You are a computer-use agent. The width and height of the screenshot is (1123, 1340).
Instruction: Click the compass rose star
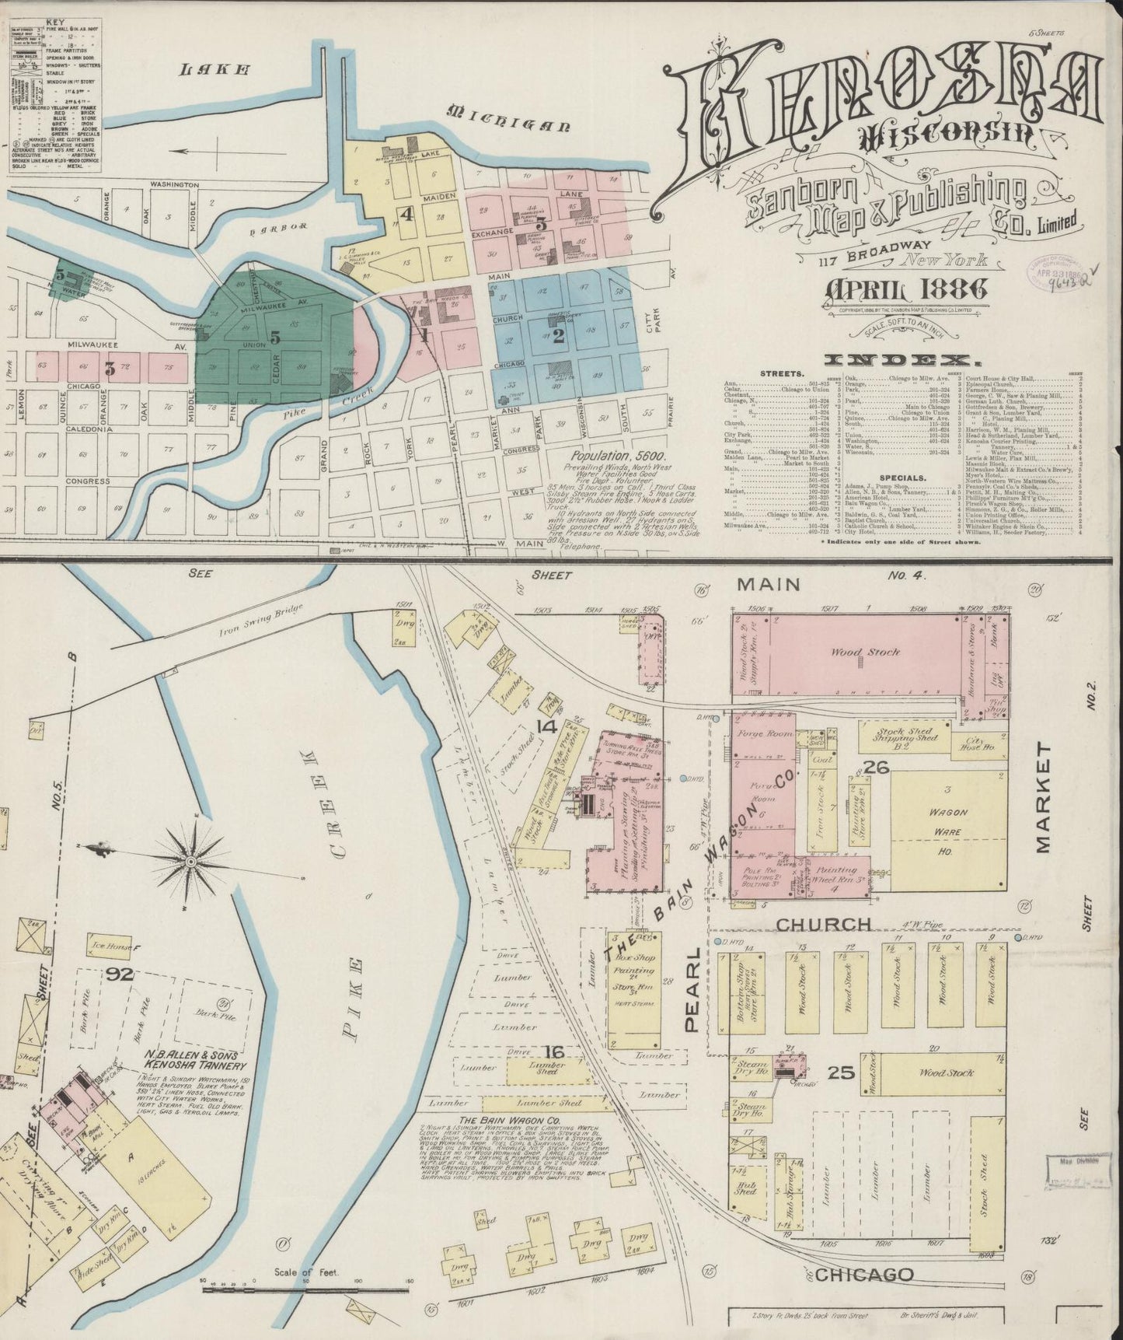pyautogui.click(x=190, y=862)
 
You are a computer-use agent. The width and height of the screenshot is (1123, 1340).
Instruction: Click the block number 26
pyautogui.click(x=876, y=768)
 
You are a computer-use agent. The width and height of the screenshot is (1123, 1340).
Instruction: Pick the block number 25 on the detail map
pyautogui.click(x=841, y=1073)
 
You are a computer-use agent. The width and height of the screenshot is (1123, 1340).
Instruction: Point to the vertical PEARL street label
pyautogui.click(x=693, y=988)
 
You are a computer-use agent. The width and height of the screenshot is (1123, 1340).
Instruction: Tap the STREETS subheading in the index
pyautogui.click(x=782, y=373)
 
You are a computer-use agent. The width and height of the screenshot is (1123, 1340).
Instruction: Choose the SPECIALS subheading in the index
pyautogui.click(x=902, y=478)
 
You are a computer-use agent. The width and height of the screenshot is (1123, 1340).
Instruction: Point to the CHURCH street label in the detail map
pyautogui.click(x=824, y=924)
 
